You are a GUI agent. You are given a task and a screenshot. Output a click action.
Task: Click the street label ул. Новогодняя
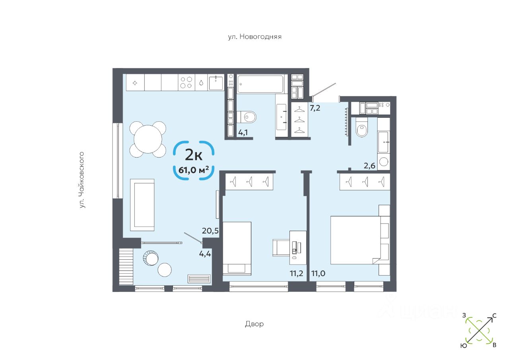point(254,37)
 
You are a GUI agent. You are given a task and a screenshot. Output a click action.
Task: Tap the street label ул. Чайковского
point(82,179)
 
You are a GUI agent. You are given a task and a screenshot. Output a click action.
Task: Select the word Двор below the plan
point(254,324)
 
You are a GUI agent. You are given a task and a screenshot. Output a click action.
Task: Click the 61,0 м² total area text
point(194,170)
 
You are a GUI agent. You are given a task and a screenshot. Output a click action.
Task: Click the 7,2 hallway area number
point(315,108)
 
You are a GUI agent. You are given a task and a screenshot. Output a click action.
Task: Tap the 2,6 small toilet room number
point(369,166)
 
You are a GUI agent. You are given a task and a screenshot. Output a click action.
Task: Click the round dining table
point(148,139)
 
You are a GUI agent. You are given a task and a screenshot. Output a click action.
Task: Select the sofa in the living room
point(142,204)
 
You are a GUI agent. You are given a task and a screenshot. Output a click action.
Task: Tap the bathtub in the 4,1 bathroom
point(260,84)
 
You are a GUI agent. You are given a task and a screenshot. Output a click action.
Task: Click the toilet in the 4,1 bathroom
point(249,117)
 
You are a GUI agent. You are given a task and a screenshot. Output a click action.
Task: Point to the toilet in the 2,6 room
point(361,129)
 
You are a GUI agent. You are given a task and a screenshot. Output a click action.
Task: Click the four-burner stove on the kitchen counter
point(186,82)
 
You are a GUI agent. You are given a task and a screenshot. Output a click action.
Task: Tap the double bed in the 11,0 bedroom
point(355,240)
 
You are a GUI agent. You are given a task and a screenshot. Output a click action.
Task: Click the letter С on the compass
point(494,316)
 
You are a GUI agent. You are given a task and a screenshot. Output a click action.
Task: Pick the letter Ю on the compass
point(464,346)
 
